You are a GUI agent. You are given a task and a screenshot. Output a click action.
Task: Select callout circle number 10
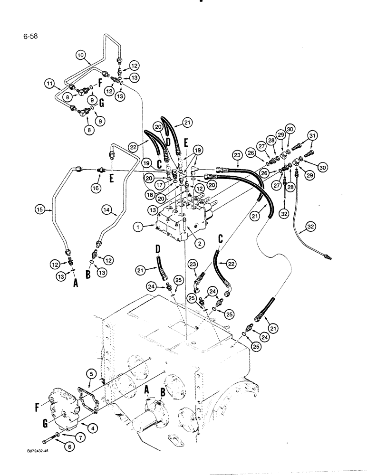81,55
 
